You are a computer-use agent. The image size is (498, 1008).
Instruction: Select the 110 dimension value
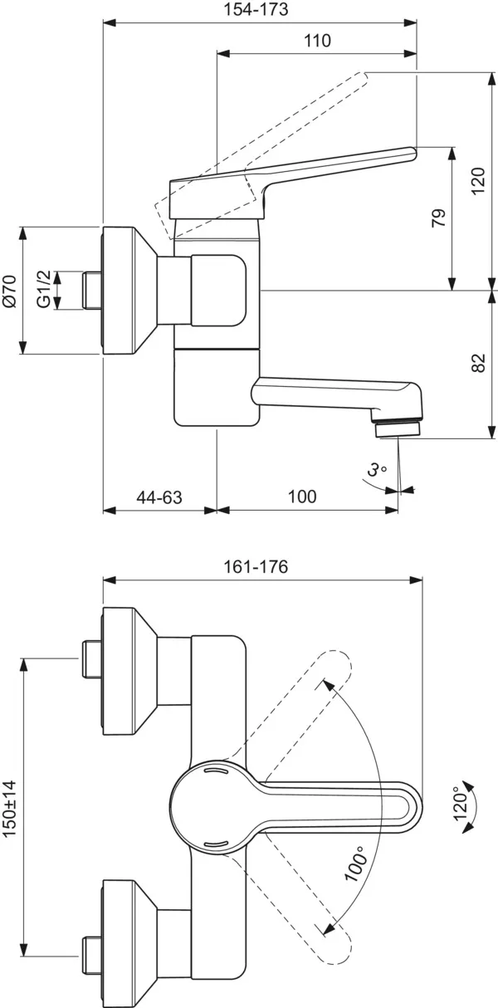[x=316, y=41]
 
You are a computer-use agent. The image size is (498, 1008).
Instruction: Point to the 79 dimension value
[x=439, y=218]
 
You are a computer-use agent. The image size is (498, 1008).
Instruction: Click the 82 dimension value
[x=476, y=364]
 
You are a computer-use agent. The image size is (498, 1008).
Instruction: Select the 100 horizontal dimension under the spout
[x=301, y=497]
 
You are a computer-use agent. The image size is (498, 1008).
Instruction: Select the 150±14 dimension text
[x=10, y=810]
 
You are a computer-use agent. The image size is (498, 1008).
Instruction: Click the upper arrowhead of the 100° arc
[x=327, y=683]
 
